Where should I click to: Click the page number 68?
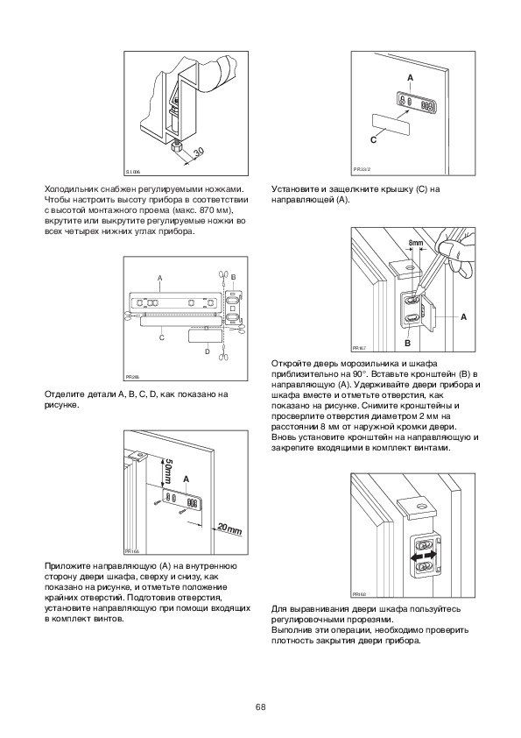click(x=261, y=707)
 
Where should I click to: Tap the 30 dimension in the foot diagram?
click(x=199, y=152)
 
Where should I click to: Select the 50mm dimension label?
click(x=167, y=472)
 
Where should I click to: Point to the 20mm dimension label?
click(x=230, y=529)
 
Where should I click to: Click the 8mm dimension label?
click(x=416, y=243)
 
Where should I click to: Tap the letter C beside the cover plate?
click(x=373, y=139)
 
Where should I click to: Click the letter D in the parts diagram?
click(x=208, y=351)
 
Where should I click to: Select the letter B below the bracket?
click(x=408, y=343)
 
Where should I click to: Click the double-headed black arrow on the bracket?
click(x=424, y=557)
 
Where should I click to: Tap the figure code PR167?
click(x=359, y=348)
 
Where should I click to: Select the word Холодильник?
click(x=69, y=189)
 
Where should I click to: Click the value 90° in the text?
click(x=358, y=374)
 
